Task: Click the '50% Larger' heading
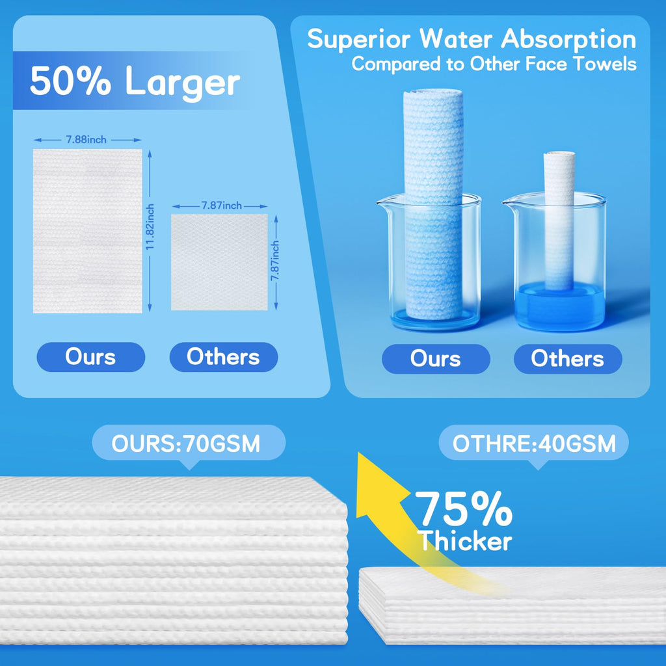pos(135,81)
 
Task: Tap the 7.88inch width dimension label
pos(87,140)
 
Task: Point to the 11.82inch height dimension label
pos(150,226)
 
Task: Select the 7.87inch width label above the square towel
pos(221,206)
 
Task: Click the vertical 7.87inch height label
pos(275,261)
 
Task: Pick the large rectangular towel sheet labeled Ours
pos(88,231)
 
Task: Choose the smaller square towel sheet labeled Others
pos(219,262)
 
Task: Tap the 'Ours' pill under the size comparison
pos(91,357)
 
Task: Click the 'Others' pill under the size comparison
pos(224,357)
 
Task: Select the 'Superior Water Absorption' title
pos(472,39)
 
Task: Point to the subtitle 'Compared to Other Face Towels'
pos(494,64)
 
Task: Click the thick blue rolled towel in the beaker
pos(434,204)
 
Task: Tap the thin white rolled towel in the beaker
pos(559,221)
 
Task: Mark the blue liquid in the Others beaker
pos(559,305)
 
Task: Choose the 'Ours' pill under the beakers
pos(436,359)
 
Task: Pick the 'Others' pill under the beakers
pos(568,359)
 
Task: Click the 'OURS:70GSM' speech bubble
pos(189,444)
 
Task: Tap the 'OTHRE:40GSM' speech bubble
pos(534,444)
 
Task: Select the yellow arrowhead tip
pos(359,453)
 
